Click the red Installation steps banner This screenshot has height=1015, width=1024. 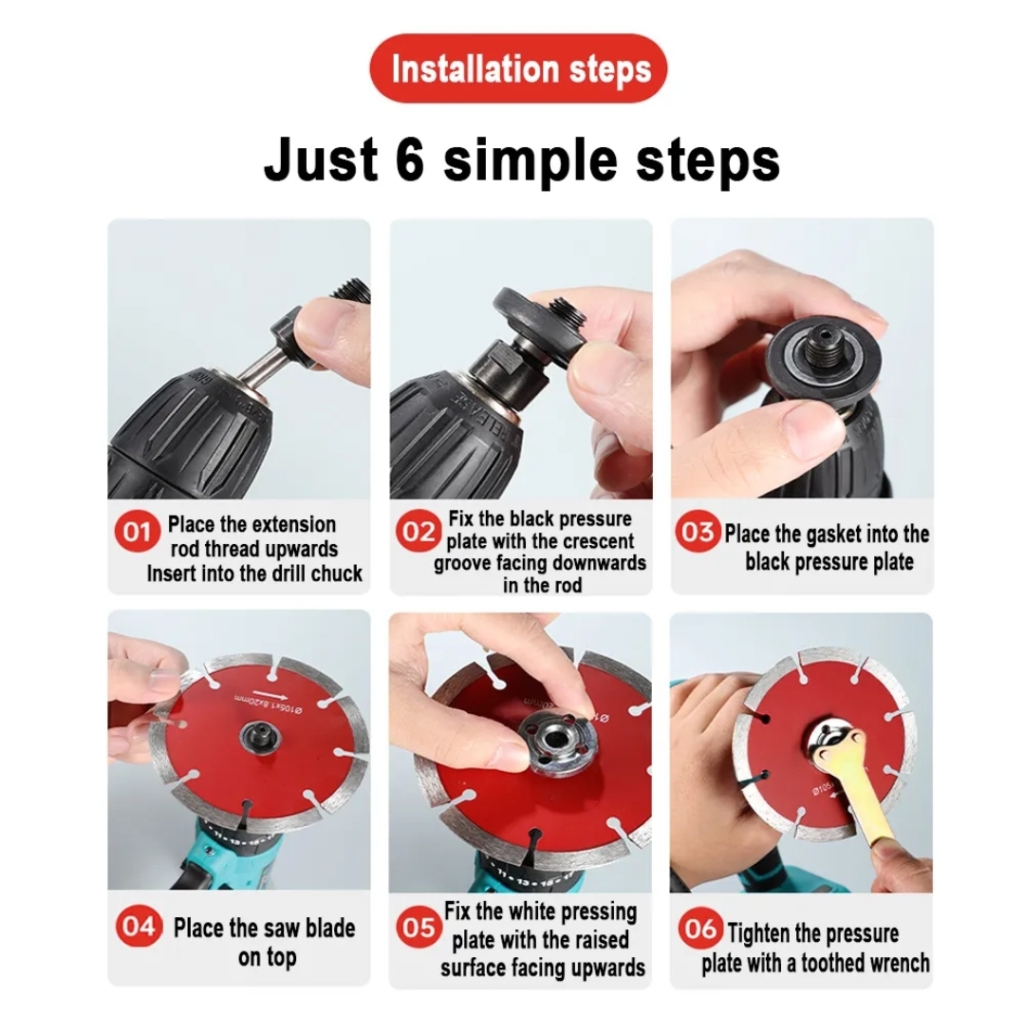pos(519,68)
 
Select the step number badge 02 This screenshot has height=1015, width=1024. pos(418,532)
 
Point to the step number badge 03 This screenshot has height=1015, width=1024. pos(698,532)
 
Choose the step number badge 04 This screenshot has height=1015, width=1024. pos(138,927)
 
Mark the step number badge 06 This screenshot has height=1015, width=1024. pos(699,929)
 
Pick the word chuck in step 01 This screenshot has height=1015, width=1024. pos(338,573)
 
